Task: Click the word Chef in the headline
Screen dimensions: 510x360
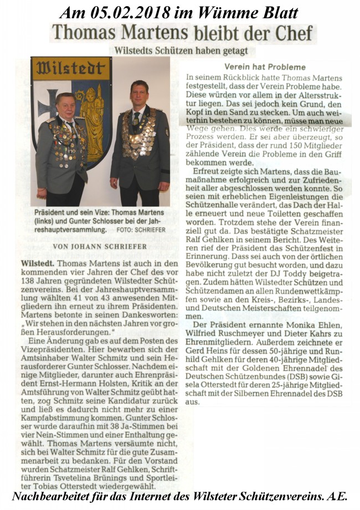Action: click(x=291, y=33)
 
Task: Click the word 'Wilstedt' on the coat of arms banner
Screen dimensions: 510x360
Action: click(x=70, y=69)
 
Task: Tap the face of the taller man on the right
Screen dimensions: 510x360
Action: click(x=139, y=92)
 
